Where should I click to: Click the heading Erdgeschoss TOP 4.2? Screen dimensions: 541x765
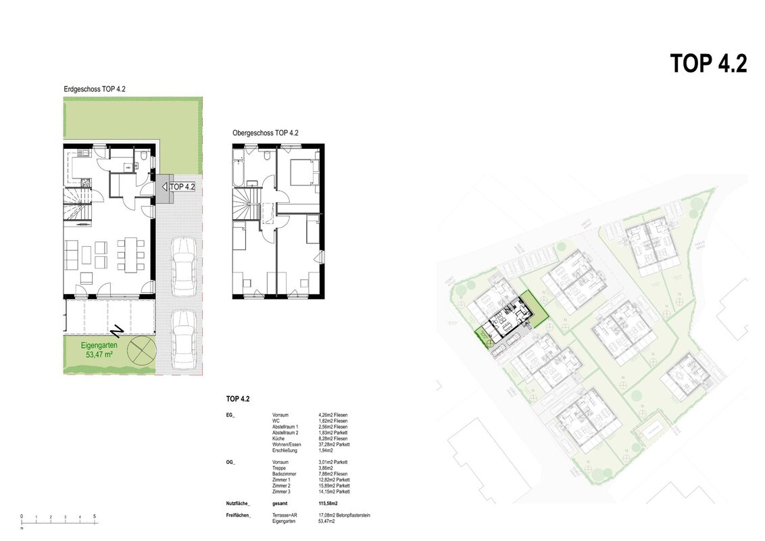[95, 89]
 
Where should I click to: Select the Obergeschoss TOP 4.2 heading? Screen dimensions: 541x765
[266, 133]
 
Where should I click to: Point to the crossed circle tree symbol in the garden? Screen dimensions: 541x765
[143, 350]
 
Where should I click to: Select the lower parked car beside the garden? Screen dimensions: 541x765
[182, 337]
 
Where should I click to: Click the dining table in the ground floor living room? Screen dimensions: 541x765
[130, 252]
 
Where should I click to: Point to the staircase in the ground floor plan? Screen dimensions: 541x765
[76, 206]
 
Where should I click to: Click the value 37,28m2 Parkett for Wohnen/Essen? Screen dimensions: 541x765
[334, 444]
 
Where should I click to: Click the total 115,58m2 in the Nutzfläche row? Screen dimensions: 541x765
[329, 504]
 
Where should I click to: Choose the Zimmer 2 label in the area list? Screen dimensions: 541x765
[281, 486]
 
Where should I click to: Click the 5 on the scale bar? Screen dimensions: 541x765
[95, 517]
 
